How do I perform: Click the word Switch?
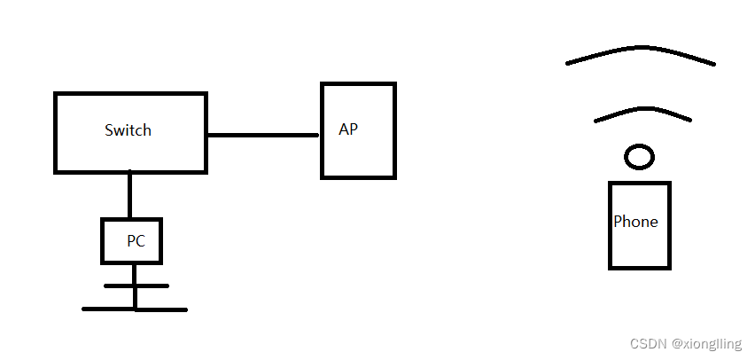pyautogui.click(x=128, y=130)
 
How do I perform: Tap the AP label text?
pyautogui.click(x=348, y=129)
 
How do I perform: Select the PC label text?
pyautogui.click(x=136, y=240)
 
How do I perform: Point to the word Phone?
pyautogui.click(x=635, y=222)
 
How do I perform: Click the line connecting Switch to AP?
pyautogui.click(x=262, y=136)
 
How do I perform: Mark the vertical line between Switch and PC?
pyautogui.click(x=130, y=195)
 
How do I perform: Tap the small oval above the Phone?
pyautogui.click(x=639, y=158)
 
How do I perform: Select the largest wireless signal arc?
pyautogui.click(x=640, y=51)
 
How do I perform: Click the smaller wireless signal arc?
pyautogui.click(x=642, y=110)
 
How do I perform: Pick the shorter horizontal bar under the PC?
pyautogui.click(x=136, y=286)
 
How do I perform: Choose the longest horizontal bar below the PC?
pyautogui.click(x=135, y=309)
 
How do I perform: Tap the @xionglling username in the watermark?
pyautogui.click(x=705, y=343)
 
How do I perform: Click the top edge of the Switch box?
pyautogui.click(x=130, y=94)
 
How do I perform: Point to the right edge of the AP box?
pyautogui.click(x=393, y=130)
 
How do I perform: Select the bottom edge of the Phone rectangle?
pyautogui.click(x=639, y=266)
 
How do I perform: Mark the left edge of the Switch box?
pyautogui.click(x=56, y=132)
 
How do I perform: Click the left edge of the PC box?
pyautogui.click(x=103, y=240)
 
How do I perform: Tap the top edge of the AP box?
pyautogui.click(x=358, y=84)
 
